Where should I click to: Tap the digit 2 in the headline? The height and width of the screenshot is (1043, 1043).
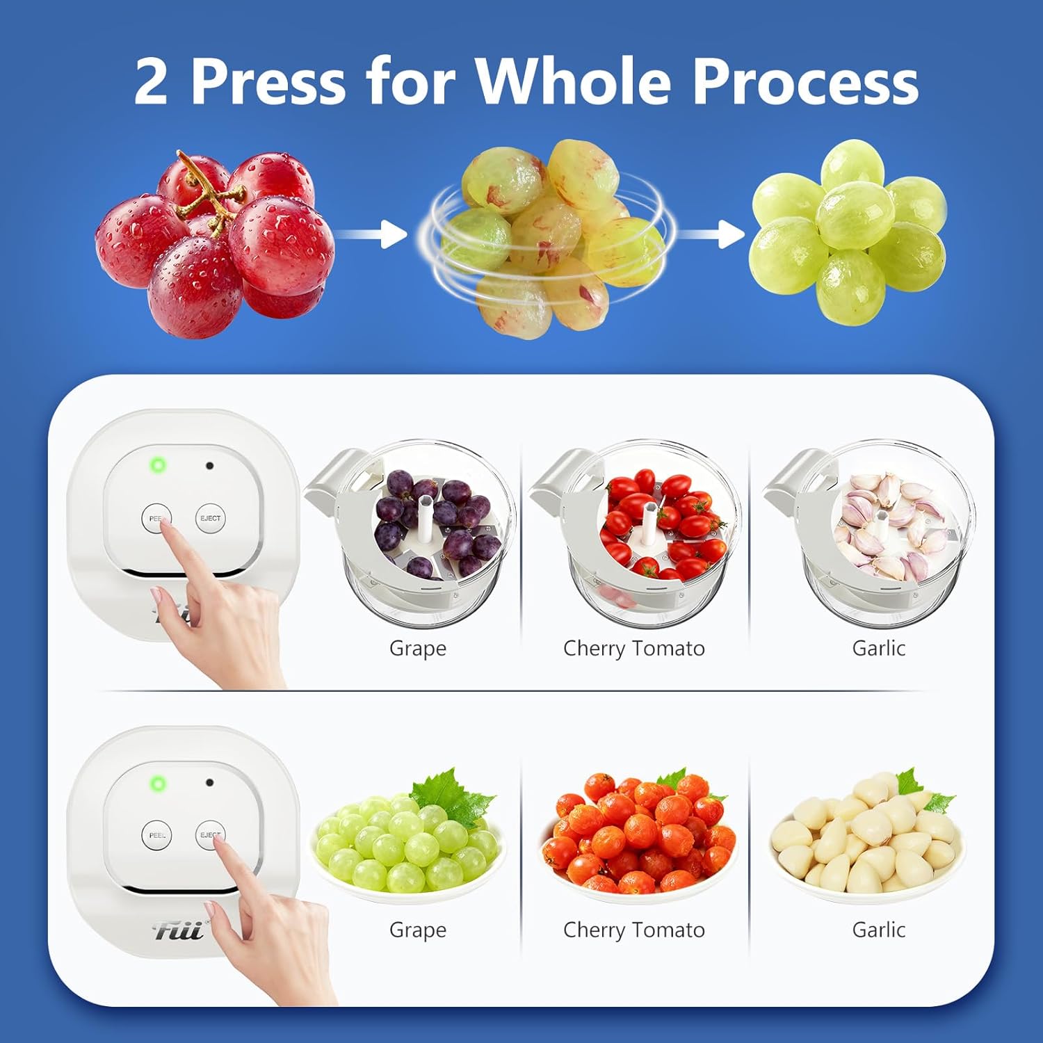click(x=151, y=81)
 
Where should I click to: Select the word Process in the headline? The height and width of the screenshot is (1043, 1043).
click(x=807, y=81)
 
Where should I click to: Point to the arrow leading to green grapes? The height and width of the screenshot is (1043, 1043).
click(x=711, y=234)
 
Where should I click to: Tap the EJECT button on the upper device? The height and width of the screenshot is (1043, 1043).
click(x=210, y=519)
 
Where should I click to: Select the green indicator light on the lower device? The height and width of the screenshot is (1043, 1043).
click(x=158, y=784)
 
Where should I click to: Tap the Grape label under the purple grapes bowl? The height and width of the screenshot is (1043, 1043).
click(x=418, y=649)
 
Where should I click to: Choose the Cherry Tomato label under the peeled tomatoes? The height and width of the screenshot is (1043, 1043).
click(x=634, y=930)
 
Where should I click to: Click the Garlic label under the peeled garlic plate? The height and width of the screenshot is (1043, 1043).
click(x=879, y=930)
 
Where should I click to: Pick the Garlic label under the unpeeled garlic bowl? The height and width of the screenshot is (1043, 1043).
click(x=879, y=648)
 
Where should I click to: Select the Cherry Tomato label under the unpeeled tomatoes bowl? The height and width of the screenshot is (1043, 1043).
click(x=634, y=649)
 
